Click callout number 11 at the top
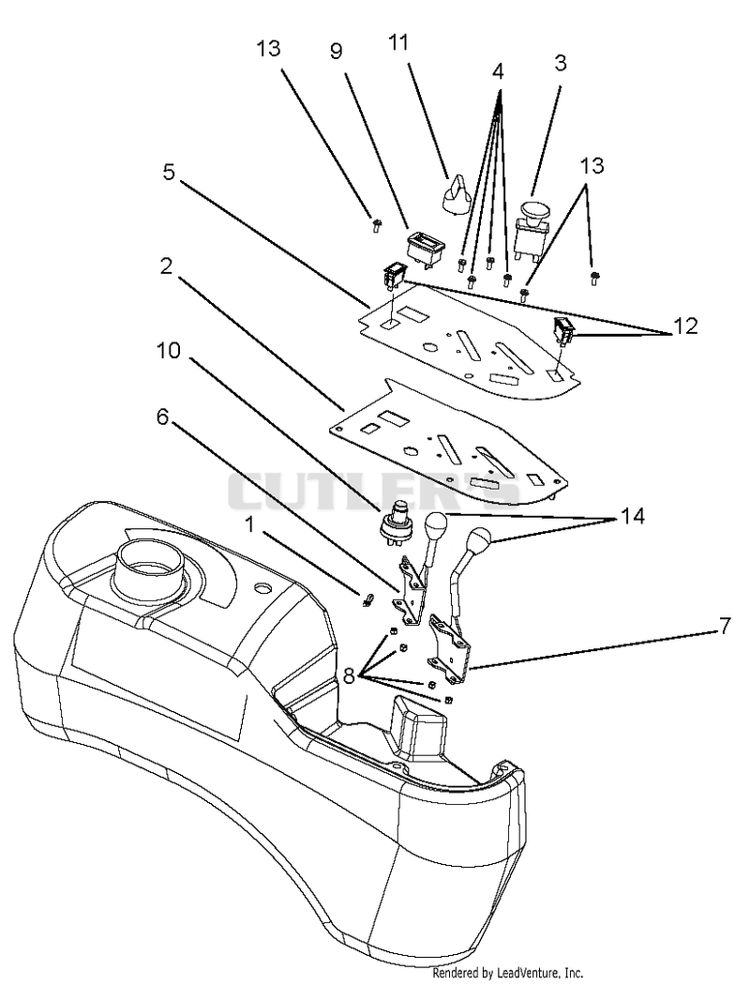(x=397, y=42)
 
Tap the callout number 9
(x=337, y=51)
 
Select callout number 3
(x=561, y=63)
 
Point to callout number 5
(x=169, y=171)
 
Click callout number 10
(x=169, y=351)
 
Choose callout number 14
(x=633, y=516)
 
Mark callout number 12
(x=685, y=326)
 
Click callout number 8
(x=349, y=676)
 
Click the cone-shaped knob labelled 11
(x=455, y=194)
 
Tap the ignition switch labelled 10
(x=391, y=518)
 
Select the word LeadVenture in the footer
(x=524, y=973)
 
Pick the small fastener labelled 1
(x=367, y=600)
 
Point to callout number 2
(x=166, y=266)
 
